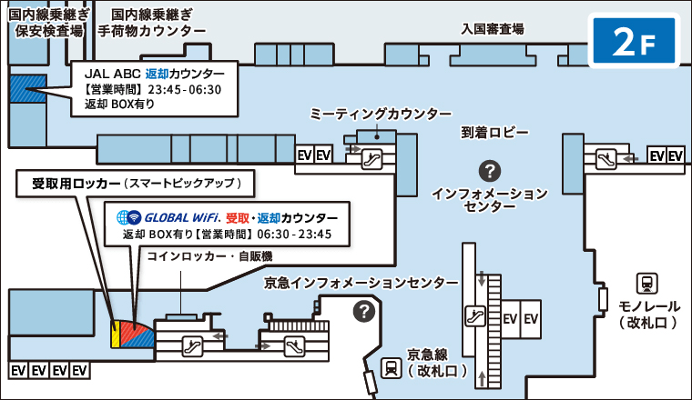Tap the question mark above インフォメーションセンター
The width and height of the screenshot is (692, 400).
pos(490,170)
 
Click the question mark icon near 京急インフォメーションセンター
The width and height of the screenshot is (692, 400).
pos(364,311)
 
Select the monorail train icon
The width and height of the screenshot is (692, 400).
pos(647,283)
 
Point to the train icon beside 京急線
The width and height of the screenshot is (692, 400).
pos(391,367)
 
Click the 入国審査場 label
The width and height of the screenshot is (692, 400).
pos(493,29)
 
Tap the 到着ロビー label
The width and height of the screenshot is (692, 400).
pos(494,133)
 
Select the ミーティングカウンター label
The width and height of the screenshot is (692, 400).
pos(381,114)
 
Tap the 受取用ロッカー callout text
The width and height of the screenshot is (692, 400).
pos(135,183)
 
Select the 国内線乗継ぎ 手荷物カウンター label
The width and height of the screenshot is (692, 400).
pos(152,24)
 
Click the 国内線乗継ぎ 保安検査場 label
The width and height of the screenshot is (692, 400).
pos(46,24)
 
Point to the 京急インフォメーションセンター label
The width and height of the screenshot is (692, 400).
pos(361,283)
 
